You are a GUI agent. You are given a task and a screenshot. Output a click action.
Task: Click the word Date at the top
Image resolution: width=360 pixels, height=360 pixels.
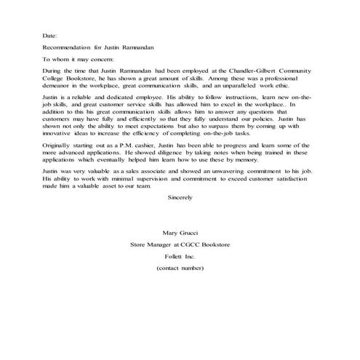[x=49, y=36]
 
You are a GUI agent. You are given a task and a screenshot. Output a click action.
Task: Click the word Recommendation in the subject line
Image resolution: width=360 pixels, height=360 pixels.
[x=70, y=47]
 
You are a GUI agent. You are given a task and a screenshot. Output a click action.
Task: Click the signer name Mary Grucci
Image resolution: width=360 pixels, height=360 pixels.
[x=180, y=233]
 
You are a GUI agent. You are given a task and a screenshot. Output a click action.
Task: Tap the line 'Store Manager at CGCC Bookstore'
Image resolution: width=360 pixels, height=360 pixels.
[x=180, y=245]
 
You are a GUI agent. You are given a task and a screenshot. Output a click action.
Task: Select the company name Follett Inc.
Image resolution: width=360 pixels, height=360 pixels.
[x=180, y=257]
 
